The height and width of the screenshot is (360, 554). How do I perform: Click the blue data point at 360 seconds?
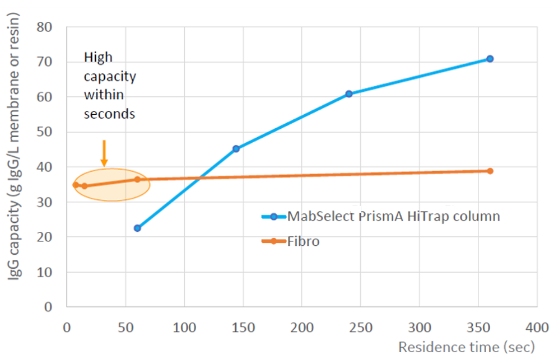click(490, 59)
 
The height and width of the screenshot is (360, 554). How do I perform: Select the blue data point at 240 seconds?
click(348, 93)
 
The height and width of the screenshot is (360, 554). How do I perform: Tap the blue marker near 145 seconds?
click(236, 148)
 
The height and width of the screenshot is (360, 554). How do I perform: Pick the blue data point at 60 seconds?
click(137, 228)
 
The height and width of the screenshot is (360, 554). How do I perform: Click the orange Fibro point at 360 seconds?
click(490, 171)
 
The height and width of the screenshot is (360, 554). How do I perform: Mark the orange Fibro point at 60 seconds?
click(137, 179)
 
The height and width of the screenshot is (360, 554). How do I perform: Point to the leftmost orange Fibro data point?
click(76, 185)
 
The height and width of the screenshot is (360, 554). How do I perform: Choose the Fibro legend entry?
click(303, 242)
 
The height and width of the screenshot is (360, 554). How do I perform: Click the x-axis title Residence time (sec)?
click(466, 347)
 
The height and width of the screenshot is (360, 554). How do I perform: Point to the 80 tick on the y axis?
click(45, 27)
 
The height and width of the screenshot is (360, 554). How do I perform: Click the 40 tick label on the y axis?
click(45, 167)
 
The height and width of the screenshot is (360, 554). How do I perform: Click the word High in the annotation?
click(98, 57)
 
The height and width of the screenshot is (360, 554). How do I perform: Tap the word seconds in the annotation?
click(109, 114)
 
